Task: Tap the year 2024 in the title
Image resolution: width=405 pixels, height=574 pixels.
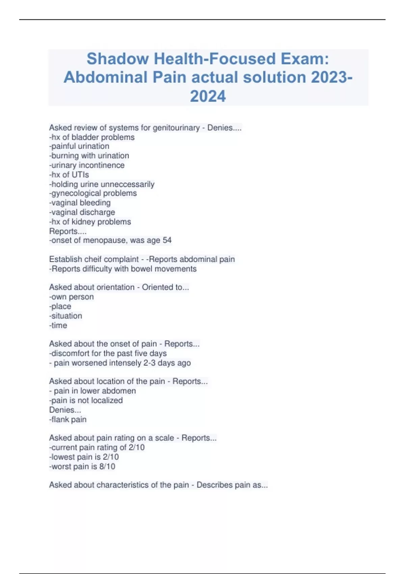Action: (208, 96)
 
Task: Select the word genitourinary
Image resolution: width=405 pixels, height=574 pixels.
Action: (176, 128)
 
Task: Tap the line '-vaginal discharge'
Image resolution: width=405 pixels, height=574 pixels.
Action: (82, 212)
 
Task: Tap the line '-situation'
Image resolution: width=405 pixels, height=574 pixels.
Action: (66, 316)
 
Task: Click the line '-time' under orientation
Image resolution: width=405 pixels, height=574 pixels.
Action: (58, 325)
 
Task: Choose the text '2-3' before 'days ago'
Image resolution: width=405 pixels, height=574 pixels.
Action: (150, 363)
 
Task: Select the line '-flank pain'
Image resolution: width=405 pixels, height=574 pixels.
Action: (68, 419)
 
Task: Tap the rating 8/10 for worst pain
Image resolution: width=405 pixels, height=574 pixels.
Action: (107, 467)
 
